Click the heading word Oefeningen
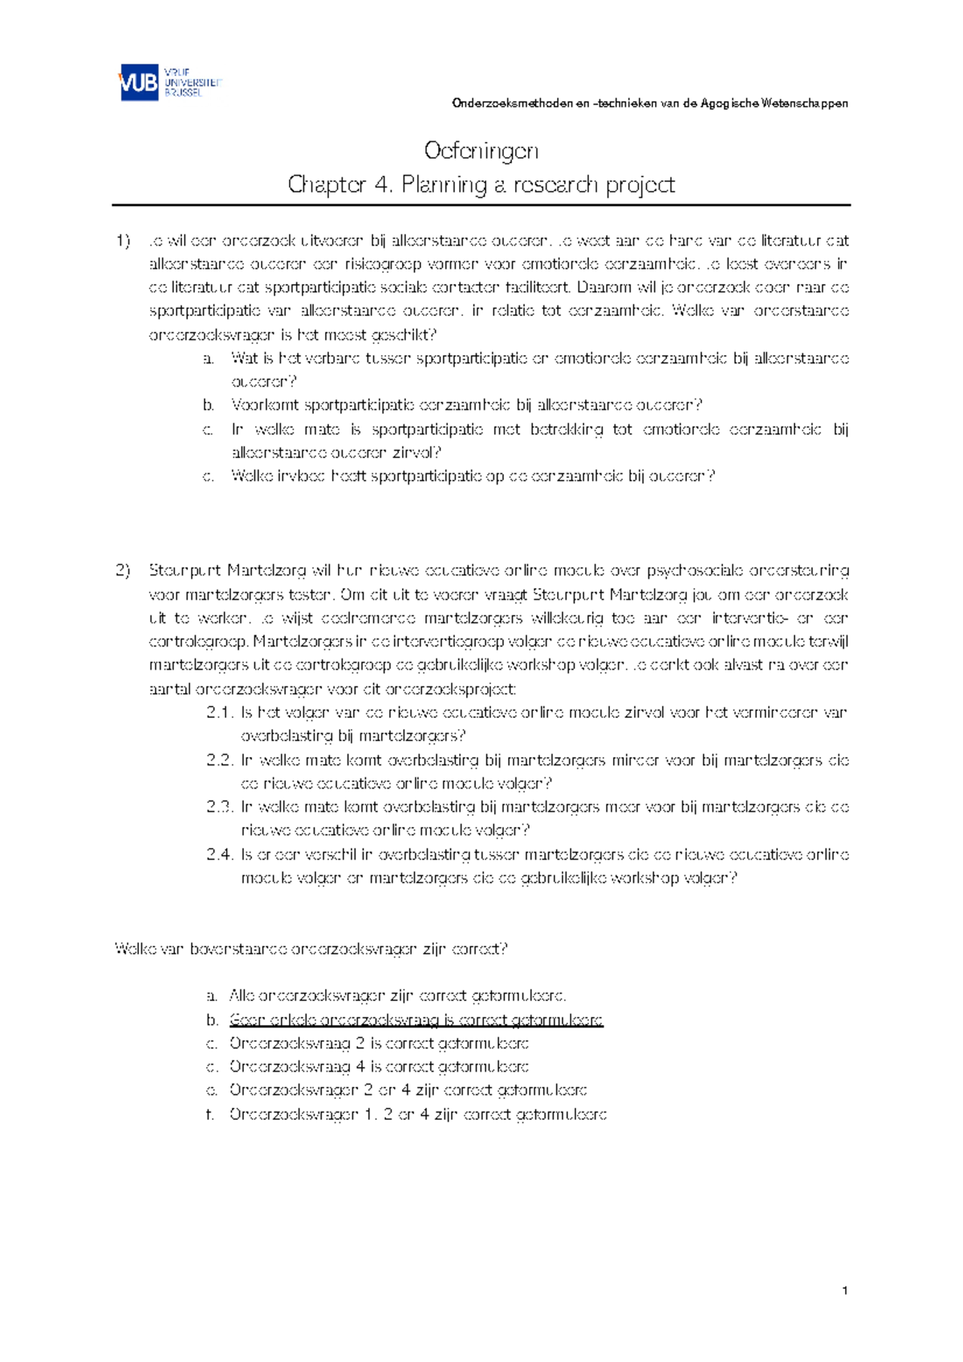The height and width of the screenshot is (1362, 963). [x=481, y=151]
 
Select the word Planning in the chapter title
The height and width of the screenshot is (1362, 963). [x=444, y=185]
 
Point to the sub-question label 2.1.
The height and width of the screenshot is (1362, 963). [x=219, y=712]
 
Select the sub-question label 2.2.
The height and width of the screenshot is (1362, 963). [x=219, y=760]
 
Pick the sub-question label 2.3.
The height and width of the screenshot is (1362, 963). [x=219, y=807]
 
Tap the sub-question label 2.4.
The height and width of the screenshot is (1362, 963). [x=219, y=854]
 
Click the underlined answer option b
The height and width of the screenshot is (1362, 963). [x=416, y=1020]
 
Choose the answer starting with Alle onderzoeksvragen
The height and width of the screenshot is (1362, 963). [x=397, y=996]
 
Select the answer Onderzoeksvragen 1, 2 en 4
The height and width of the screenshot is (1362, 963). [x=417, y=1114]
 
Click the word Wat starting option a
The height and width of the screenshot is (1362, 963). [x=243, y=359]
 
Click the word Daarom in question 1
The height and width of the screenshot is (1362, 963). [x=591, y=287]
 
